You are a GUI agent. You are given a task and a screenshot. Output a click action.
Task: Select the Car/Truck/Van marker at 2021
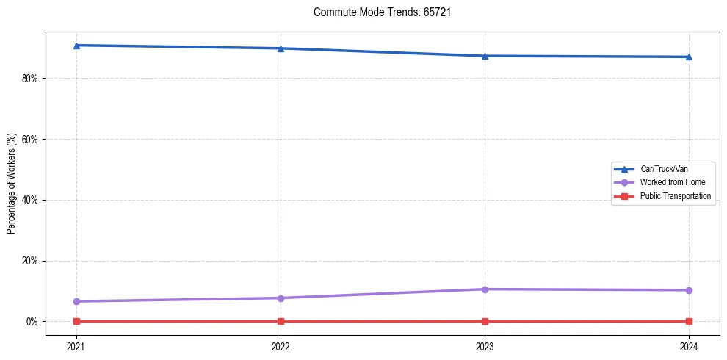76,46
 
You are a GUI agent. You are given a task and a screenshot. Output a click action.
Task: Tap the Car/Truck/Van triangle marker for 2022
281,48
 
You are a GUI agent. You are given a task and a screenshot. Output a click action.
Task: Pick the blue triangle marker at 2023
485,56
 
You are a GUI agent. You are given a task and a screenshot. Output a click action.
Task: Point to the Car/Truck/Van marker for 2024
689,57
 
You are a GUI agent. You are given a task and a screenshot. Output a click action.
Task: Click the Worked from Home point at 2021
76,301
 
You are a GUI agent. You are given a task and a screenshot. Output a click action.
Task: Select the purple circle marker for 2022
281,298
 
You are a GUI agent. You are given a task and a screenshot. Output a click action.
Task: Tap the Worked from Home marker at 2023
485,289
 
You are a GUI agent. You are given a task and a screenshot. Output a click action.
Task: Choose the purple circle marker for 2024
689,290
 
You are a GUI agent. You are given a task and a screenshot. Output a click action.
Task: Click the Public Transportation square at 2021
76,321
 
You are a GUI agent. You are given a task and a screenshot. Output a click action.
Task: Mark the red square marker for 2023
485,321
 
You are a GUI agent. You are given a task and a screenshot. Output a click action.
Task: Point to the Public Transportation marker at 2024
689,321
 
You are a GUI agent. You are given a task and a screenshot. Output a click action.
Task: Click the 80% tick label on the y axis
30,79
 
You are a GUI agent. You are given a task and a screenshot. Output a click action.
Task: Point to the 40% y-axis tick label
30,200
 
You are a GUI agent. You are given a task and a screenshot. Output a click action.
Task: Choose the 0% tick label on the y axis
32,322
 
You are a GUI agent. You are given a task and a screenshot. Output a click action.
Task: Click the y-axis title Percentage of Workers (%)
12,184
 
